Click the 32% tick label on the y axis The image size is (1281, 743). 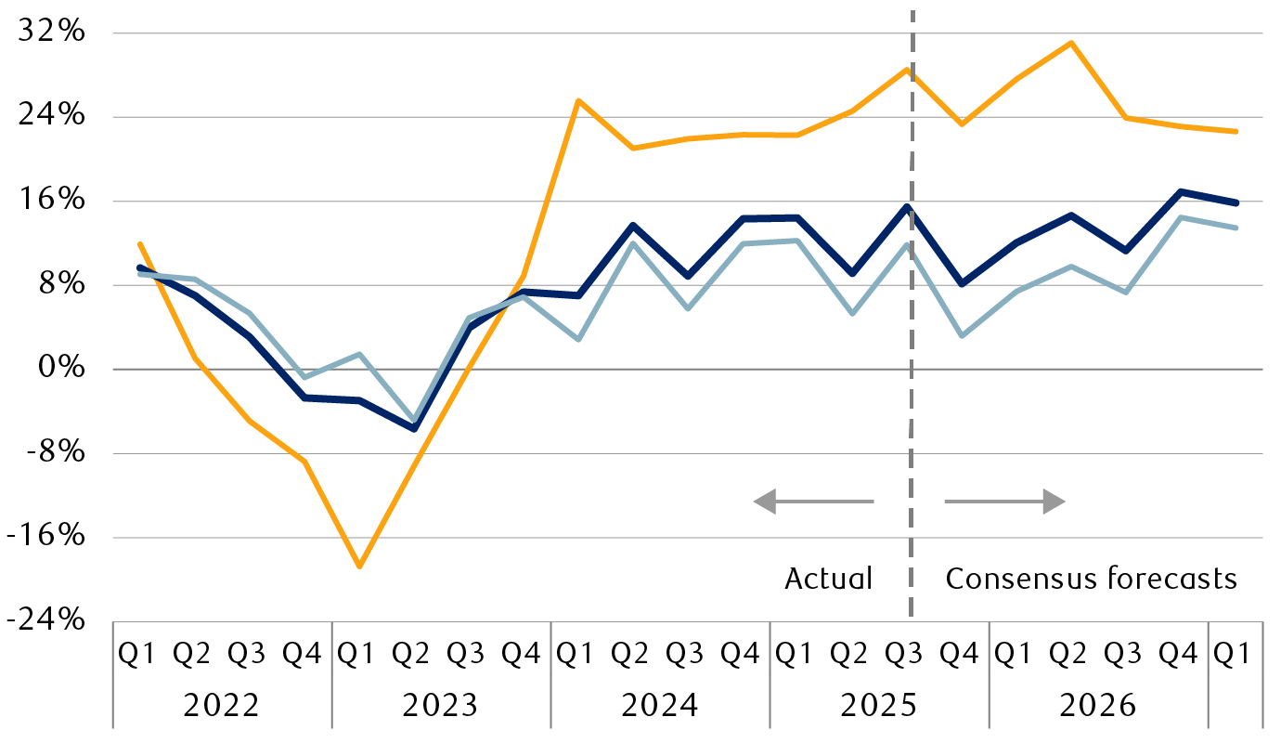(58, 33)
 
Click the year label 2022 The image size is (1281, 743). (221, 706)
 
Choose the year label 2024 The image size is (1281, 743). (659, 706)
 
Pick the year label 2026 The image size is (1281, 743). (1097, 706)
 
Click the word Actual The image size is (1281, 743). (829, 579)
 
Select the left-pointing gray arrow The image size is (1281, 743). (812, 502)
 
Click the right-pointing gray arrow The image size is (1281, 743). (1005, 502)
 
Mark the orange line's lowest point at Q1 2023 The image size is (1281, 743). (358, 566)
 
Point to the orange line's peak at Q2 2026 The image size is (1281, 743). (1071, 43)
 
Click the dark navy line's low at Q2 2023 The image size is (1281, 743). (414, 429)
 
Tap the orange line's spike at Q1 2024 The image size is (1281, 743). (578, 100)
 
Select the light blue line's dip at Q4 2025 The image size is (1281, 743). (962, 335)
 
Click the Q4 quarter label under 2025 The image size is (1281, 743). (960, 654)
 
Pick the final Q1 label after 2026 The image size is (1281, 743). (1233, 654)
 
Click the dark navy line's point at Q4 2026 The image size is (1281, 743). (1181, 192)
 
